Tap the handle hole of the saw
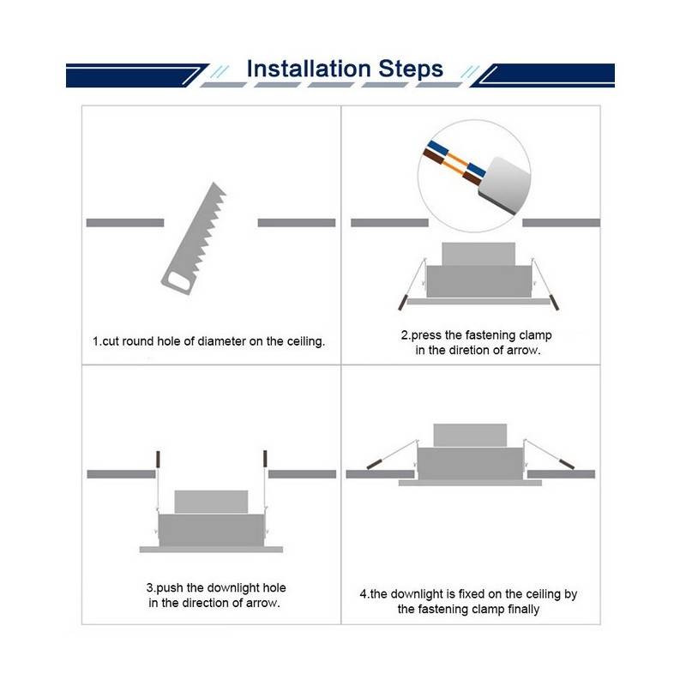pyautogui.click(x=178, y=280)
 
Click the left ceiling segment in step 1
pyautogui.click(x=124, y=222)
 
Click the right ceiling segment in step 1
pyautogui.click(x=297, y=222)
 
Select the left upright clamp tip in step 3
pyautogui.click(x=157, y=460)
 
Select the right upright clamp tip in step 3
pyautogui.click(x=266, y=460)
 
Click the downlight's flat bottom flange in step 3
pyautogui.click(x=211, y=548)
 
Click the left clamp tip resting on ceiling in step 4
pyautogui.click(x=375, y=463)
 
